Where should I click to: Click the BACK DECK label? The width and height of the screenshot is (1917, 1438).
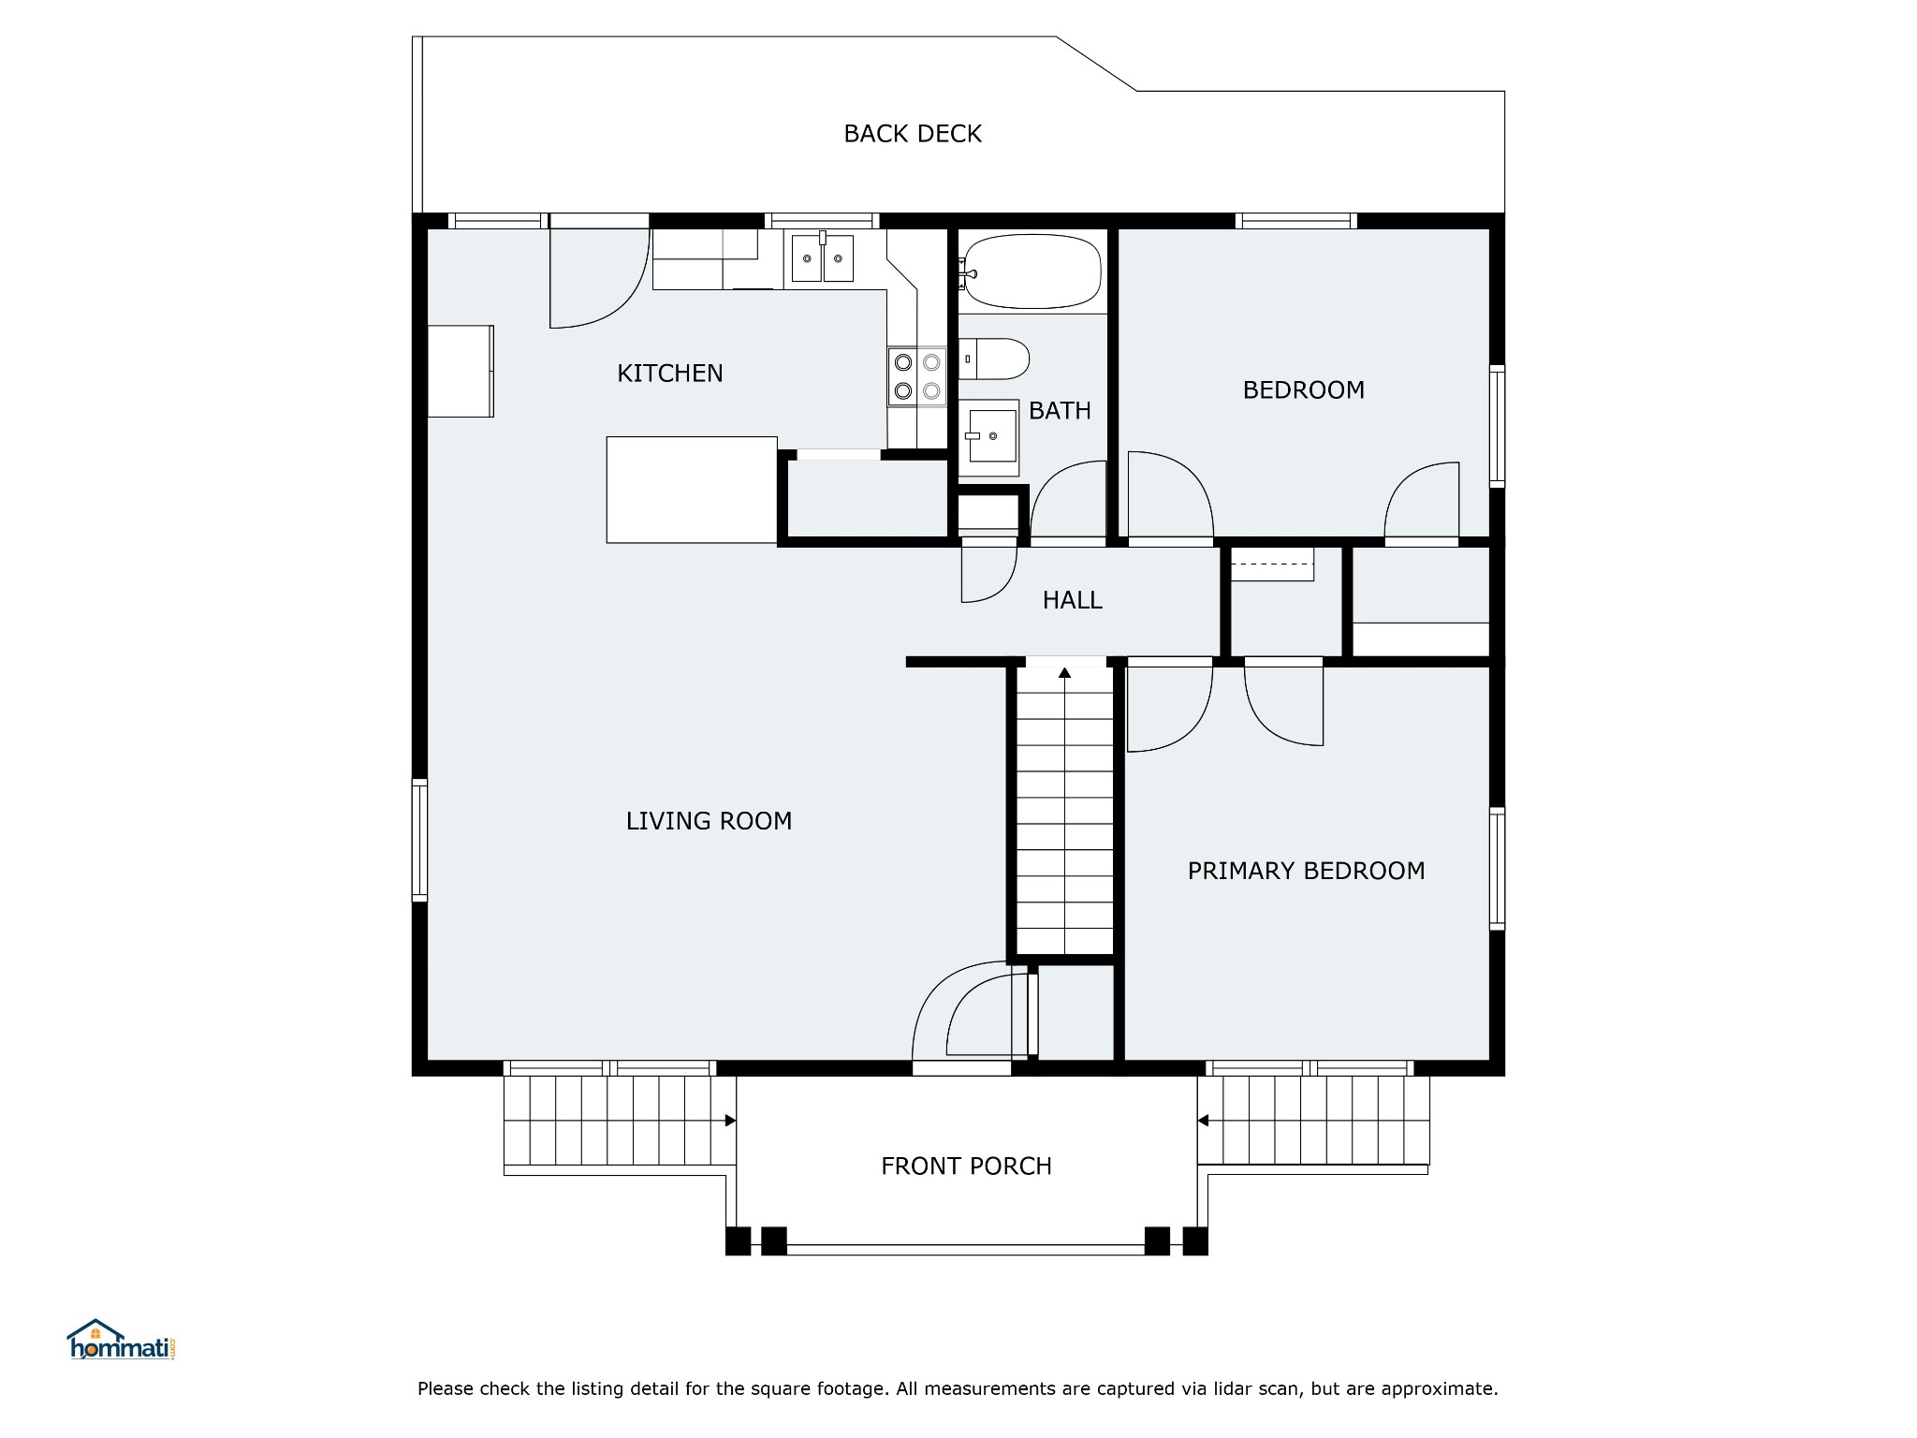click(x=913, y=134)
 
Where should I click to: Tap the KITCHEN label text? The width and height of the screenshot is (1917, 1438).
click(x=670, y=374)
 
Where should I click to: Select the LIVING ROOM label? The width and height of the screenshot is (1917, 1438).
click(x=709, y=821)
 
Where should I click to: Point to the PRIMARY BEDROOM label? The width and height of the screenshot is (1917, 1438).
click(x=1306, y=871)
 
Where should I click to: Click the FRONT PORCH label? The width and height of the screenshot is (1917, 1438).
click(x=966, y=1166)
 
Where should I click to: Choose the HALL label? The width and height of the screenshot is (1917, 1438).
click(x=1073, y=600)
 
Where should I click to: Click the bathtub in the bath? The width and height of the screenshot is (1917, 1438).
click(x=1032, y=271)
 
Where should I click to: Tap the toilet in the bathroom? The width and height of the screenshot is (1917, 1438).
click(x=994, y=359)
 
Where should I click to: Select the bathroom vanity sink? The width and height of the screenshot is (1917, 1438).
click(x=988, y=437)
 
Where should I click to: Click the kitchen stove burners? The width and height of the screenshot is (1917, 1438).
click(x=917, y=376)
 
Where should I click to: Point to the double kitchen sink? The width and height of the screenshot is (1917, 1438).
click(x=823, y=258)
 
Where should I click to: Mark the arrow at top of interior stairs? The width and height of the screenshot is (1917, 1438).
click(x=1065, y=671)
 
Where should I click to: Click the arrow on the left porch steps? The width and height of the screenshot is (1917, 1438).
click(x=730, y=1121)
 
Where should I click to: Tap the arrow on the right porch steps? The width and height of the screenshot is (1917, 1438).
click(x=1204, y=1121)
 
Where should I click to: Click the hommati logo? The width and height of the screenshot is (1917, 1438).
click(x=122, y=1340)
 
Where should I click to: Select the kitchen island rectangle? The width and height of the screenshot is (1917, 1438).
click(x=692, y=490)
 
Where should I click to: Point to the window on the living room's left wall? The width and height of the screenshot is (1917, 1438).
click(x=420, y=841)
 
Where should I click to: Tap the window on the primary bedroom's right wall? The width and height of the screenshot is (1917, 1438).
click(x=1497, y=869)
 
